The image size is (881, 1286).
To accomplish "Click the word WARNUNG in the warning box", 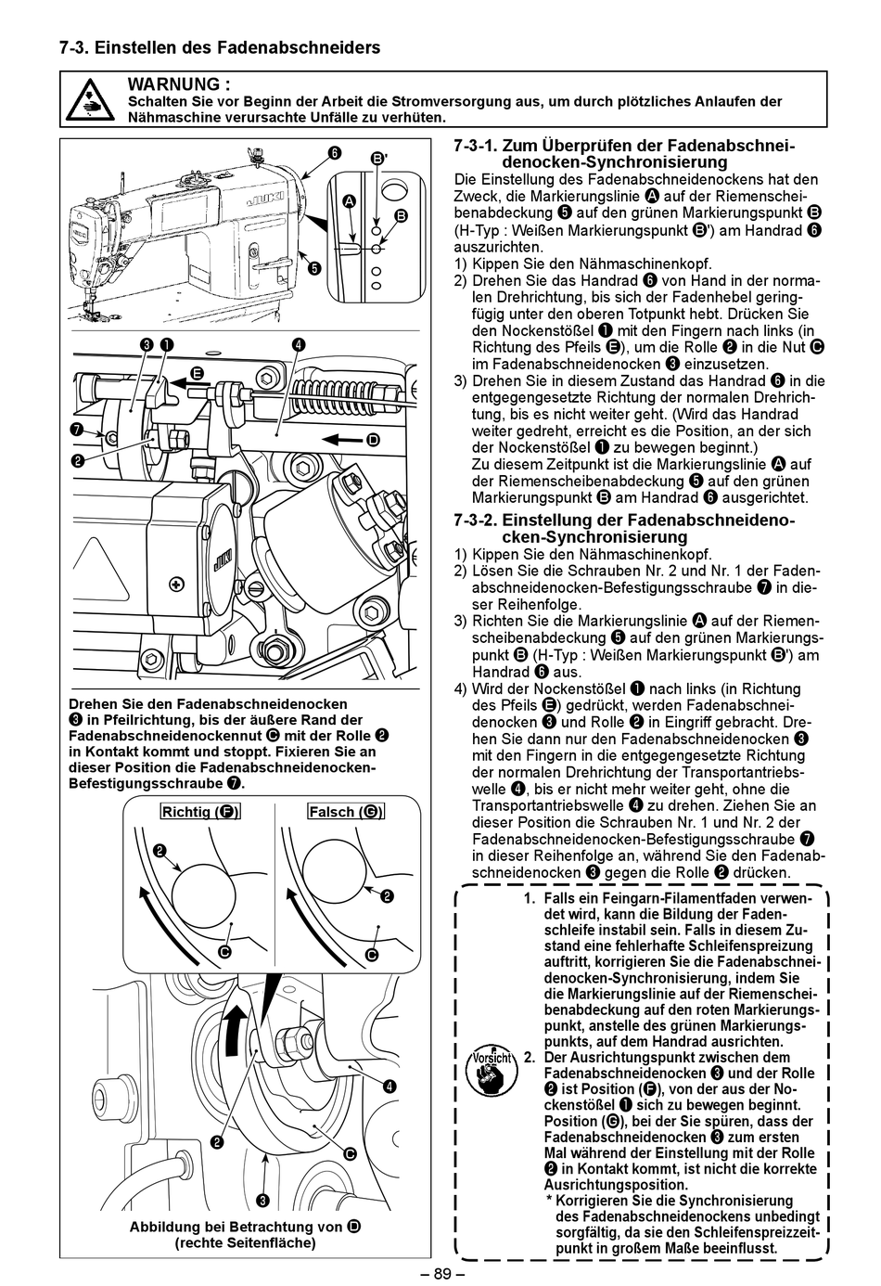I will (x=178, y=84).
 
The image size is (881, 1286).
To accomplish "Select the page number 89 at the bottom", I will (x=440, y=1274).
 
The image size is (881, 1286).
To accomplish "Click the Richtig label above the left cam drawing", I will (x=199, y=812).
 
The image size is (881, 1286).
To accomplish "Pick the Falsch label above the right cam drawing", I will (x=345, y=812).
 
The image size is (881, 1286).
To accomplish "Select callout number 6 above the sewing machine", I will (x=333, y=153).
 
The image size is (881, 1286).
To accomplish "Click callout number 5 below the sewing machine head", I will (x=314, y=269).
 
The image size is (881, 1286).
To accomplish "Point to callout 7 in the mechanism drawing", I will (x=76, y=429).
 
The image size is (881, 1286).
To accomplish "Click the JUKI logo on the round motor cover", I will (x=221, y=558).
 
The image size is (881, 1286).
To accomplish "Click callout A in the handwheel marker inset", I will (x=349, y=201).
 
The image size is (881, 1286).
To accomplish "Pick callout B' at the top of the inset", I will (x=379, y=160).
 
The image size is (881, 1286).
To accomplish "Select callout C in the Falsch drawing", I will (x=371, y=955).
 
